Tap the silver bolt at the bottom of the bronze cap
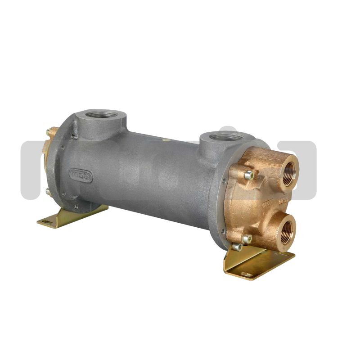pyautogui.click(x=247, y=238)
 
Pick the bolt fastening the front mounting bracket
pyautogui.click(x=237, y=247)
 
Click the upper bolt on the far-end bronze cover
pyautogui.click(x=48, y=132)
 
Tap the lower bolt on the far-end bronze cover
pyautogui.click(x=47, y=191)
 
